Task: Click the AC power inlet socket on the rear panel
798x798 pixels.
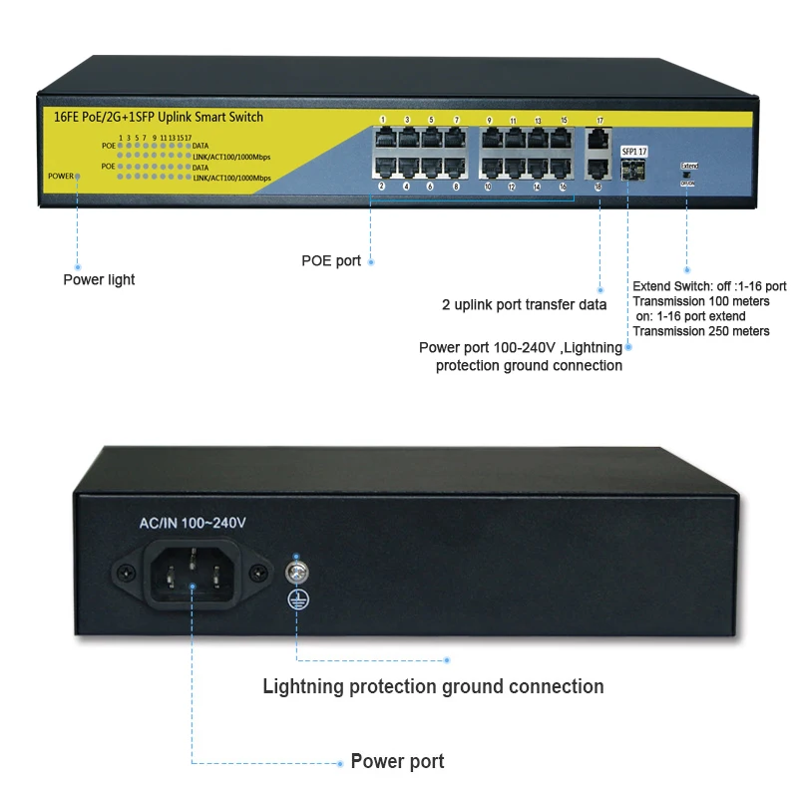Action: pos(195,574)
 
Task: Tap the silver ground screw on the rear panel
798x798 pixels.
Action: pos(295,573)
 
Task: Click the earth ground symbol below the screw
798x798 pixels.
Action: pos(295,598)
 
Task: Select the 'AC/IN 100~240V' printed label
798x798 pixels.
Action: pos(192,523)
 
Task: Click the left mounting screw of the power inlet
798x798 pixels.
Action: pos(126,574)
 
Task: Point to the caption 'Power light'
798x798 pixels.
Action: pos(99,279)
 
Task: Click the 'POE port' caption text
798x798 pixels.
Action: pos(331,261)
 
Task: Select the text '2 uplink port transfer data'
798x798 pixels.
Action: pos(524,304)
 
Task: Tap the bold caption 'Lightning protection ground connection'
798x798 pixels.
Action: pos(433,686)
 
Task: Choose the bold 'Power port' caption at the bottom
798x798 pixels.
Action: pos(397,762)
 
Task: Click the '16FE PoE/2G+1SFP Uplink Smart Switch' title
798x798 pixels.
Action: pos(152,117)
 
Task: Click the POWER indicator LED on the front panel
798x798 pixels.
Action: pos(77,177)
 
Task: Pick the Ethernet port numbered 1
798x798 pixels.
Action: pos(383,139)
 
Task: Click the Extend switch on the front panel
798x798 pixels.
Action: pos(688,175)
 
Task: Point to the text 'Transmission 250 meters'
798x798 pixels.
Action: pos(701,331)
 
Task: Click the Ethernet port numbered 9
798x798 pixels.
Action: pos(490,139)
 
